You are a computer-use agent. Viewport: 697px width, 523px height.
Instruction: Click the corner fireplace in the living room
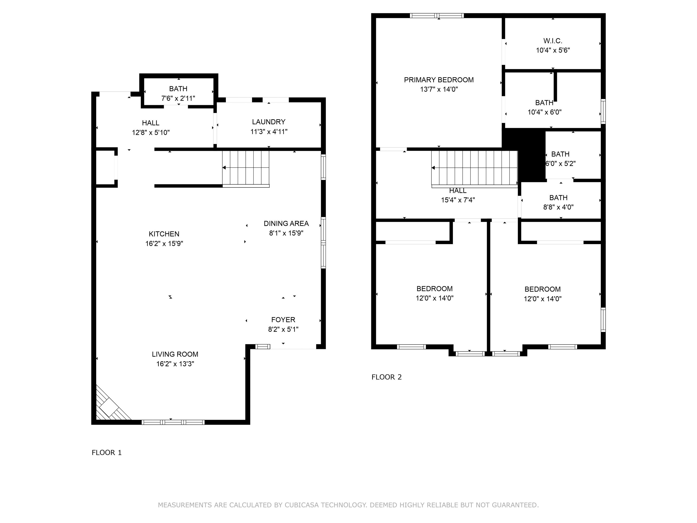coord(109,407)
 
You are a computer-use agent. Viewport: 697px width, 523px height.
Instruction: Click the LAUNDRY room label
coord(269,122)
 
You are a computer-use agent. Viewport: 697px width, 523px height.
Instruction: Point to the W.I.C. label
coord(553,41)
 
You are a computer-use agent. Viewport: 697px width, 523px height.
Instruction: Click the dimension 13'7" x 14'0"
coord(439,89)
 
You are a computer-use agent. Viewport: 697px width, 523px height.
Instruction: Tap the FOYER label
coord(283,320)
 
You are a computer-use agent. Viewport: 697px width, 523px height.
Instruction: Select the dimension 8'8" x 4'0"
coord(558,207)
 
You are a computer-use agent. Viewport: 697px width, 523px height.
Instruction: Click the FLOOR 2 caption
coord(386,377)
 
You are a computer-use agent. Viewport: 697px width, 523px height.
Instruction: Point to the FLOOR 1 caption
coord(106,453)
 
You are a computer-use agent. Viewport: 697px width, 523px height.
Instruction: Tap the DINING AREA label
coord(286,224)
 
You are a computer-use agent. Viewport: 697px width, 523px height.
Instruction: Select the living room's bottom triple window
coord(173,422)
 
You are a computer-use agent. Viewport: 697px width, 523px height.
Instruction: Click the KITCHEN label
coord(164,234)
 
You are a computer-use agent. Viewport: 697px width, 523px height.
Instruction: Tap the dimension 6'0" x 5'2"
coord(560,164)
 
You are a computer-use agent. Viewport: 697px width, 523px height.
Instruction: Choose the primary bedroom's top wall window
coord(437,15)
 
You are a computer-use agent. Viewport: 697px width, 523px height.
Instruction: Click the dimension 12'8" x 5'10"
coord(151,132)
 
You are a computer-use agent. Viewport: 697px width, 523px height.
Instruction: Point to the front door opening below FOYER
coord(293,347)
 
